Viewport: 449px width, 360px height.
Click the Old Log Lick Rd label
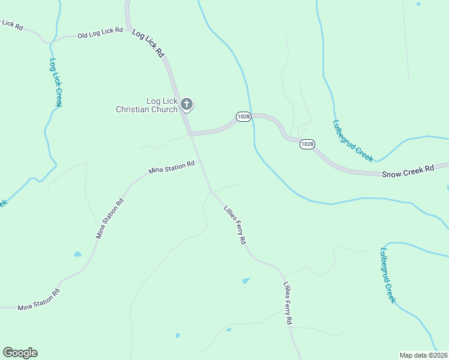click(100, 32)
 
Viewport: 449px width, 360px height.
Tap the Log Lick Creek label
click(56, 82)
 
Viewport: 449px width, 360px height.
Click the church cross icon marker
click(187, 105)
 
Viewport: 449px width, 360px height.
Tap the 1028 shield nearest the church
click(243, 116)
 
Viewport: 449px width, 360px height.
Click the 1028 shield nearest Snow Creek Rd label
click(307, 144)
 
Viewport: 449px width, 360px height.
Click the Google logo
click(20, 353)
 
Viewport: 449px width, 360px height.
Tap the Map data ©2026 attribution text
click(423, 355)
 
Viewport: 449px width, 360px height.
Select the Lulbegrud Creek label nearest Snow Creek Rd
click(353, 140)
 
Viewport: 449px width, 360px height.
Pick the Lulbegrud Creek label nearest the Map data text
click(388, 274)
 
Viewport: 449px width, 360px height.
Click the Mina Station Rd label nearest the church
click(172, 167)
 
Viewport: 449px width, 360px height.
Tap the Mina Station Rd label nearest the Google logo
click(38, 299)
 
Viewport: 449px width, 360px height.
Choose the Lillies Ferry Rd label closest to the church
click(235, 224)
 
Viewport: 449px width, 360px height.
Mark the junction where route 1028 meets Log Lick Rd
click(191, 134)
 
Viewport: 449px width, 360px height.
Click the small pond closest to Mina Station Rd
click(77, 254)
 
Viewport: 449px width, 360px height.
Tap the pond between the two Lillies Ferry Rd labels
click(246, 281)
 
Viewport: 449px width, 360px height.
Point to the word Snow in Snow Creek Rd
click(391, 173)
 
